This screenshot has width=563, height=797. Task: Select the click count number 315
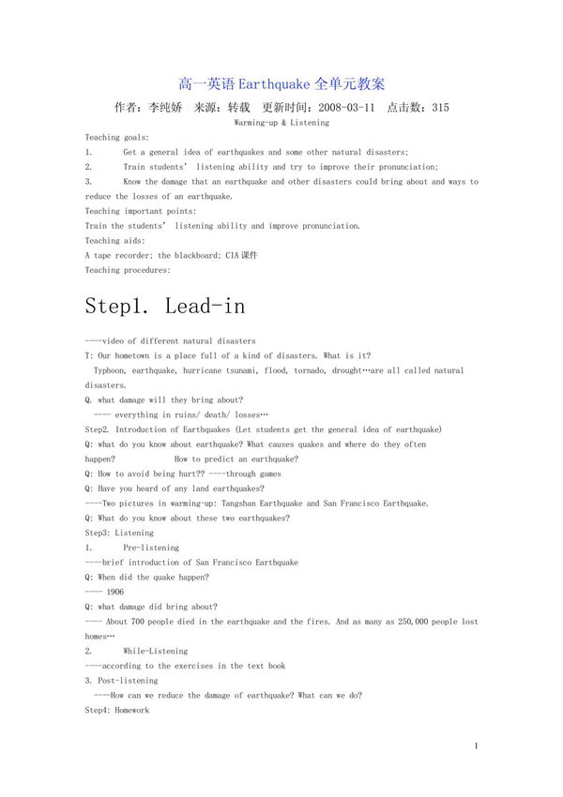[439, 108]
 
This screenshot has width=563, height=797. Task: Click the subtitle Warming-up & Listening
[281, 123]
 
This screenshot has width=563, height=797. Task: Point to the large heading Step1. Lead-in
[165, 306]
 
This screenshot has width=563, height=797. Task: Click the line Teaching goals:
[117, 137]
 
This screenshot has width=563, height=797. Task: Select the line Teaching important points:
[141, 211]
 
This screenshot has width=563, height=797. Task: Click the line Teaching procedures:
[129, 270]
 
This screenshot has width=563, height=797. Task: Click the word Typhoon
[110, 370]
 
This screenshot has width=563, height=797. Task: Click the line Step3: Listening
[119, 533]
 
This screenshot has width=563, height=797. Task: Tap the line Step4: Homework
[117, 711]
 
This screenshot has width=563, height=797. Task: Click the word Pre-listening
[151, 548]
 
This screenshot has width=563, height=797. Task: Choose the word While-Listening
[156, 651]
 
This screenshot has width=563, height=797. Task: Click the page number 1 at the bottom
[477, 745]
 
